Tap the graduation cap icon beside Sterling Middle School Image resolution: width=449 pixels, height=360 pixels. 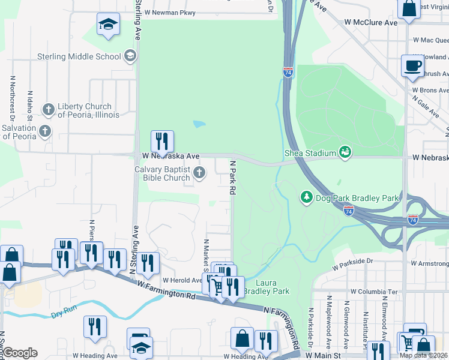[130, 57]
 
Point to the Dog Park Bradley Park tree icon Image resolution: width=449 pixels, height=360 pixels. [306, 197]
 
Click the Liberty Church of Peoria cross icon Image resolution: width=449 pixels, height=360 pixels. [48, 110]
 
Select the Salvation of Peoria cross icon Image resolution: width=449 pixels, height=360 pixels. [44, 131]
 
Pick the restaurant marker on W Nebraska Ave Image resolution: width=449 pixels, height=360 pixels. [162, 142]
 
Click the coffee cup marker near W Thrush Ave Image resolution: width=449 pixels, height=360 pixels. [412, 66]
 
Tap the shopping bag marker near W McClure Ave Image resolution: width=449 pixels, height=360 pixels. [409, 9]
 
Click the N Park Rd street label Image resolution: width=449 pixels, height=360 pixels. [231, 176]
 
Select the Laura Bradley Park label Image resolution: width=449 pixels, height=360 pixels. [273, 287]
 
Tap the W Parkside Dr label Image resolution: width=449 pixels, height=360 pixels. [352, 262]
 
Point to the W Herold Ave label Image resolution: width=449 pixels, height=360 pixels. [182, 280]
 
